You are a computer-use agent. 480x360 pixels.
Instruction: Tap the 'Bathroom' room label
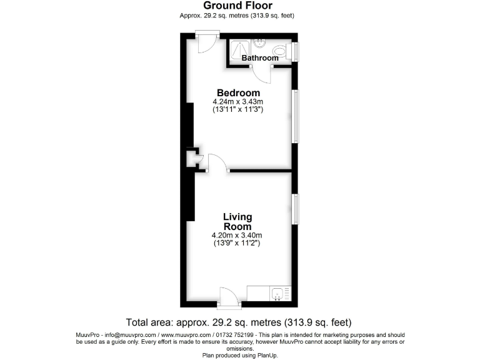tap(260, 58)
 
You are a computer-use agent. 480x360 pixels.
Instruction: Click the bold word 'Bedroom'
tap(238, 93)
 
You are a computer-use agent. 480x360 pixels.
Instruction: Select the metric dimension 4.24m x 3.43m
tap(238, 102)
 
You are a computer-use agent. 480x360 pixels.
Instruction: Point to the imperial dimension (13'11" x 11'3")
tap(238, 110)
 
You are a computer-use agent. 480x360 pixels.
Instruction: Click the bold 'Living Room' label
tap(237, 221)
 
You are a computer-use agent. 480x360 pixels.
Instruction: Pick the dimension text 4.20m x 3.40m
tap(237, 235)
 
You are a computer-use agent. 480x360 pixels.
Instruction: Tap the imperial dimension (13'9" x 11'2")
tap(237, 243)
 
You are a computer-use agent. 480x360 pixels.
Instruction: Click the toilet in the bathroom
tap(280, 50)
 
